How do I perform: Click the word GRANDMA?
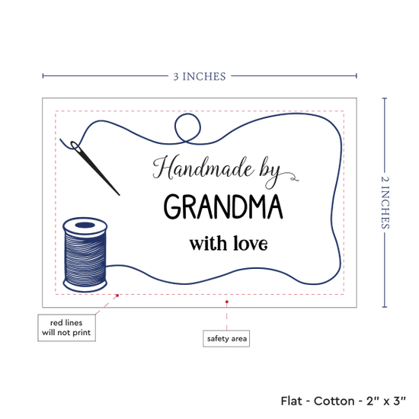pyautogui.click(x=223, y=206)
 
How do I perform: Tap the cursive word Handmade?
pyautogui.click(x=203, y=168)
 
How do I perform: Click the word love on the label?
pyautogui.click(x=251, y=243)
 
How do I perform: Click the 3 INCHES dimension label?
pyautogui.click(x=200, y=76)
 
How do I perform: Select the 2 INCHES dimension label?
pyautogui.click(x=385, y=203)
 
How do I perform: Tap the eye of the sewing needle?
pyautogui.click(x=75, y=146)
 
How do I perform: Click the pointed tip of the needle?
pyautogui.click(x=119, y=195)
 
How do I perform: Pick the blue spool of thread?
pyautogui.click(x=85, y=254)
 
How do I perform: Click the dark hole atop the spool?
pyautogui.click(x=85, y=225)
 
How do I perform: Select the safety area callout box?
pyautogui.click(x=226, y=338)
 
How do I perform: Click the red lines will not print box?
pyautogui.click(x=66, y=328)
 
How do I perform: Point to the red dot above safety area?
pyautogui.click(x=227, y=302)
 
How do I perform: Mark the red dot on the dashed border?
pyautogui.click(x=117, y=296)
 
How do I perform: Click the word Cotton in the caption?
pyautogui.click(x=334, y=401)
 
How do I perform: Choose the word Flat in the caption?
pyautogui.click(x=291, y=401)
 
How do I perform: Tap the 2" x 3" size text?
pyautogui.click(x=386, y=401)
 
